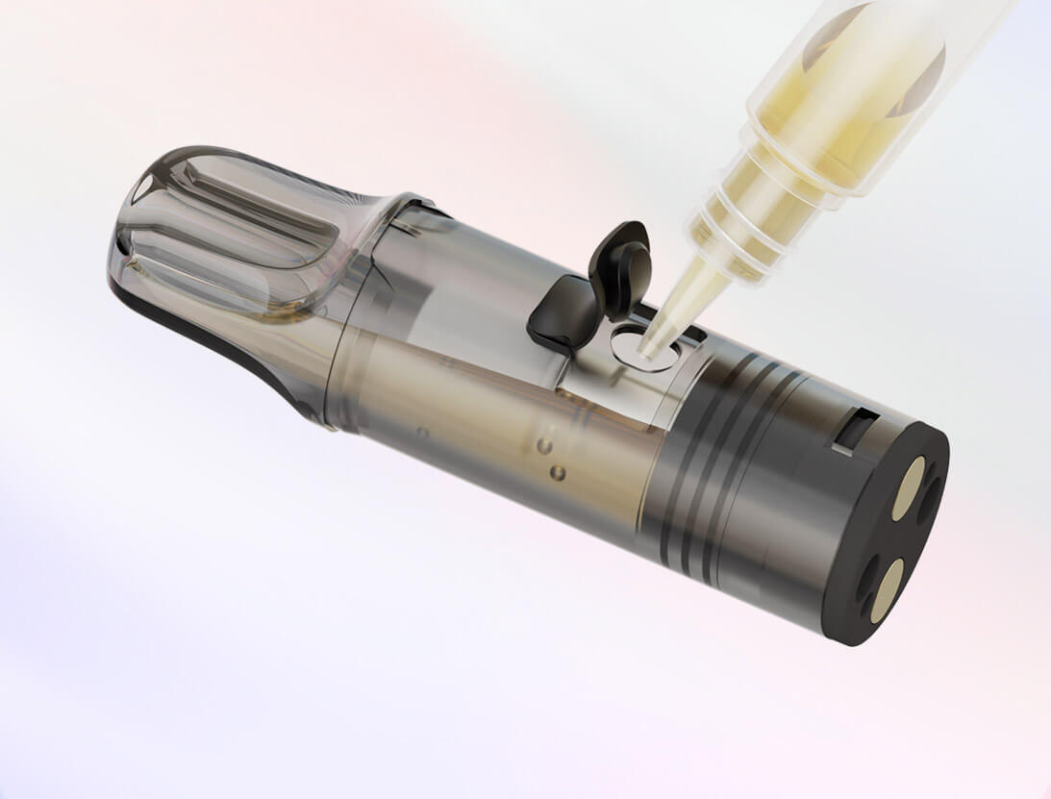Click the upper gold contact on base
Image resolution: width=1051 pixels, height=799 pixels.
tap(908, 487)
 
